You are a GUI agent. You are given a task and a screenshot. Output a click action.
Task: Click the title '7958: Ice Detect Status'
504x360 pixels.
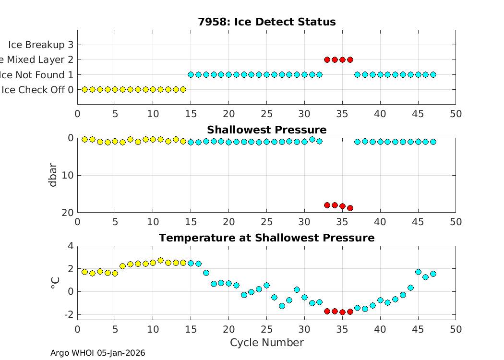266,22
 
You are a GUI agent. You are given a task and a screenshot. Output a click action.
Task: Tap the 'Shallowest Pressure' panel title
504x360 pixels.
266,130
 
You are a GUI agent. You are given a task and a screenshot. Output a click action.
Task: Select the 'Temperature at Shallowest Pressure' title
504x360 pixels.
266,238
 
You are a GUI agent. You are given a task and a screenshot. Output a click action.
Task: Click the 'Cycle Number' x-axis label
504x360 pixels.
266,343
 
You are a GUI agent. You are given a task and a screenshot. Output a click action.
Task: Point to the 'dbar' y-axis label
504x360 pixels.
53,175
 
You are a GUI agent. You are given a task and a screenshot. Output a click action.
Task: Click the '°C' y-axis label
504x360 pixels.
55,283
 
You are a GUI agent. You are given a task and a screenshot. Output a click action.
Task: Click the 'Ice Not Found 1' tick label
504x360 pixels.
37,74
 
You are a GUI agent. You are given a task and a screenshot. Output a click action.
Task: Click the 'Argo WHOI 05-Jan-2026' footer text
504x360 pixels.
98,353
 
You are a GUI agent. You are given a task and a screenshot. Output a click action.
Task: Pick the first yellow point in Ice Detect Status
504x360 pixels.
85,89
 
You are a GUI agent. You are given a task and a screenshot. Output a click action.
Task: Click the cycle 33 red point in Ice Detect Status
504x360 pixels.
327,60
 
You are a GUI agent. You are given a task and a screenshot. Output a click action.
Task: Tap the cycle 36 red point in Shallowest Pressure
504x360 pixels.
350,208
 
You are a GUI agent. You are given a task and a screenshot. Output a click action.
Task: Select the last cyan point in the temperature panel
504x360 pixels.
433,274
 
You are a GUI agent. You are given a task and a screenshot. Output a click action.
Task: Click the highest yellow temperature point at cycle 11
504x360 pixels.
160,261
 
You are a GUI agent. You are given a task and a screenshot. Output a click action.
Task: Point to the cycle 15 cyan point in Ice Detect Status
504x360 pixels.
191,74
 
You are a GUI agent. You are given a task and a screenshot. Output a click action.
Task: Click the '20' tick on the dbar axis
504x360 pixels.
67,213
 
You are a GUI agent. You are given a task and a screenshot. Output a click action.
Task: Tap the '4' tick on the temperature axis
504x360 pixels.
70,246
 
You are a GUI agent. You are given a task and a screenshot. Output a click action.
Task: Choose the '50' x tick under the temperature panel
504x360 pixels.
456,329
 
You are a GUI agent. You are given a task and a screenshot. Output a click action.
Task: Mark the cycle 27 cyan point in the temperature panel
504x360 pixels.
282,306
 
